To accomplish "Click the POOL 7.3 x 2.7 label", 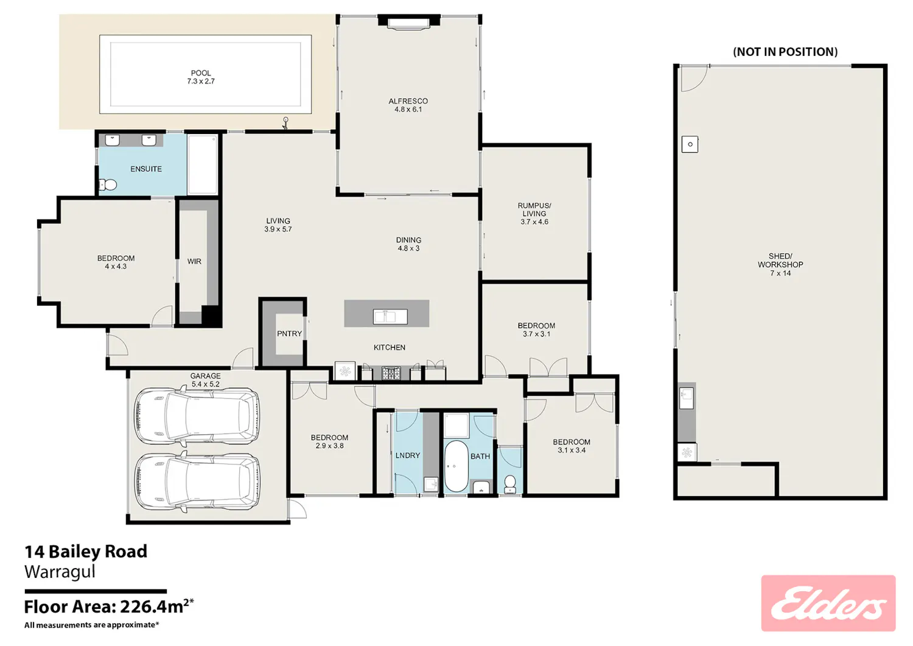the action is [x=201, y=77].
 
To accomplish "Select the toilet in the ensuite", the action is [x=108, y=184].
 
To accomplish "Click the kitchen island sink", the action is [x=390, y=317].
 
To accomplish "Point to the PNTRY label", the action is [x=289, y=334].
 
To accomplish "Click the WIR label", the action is [x=194, y=261].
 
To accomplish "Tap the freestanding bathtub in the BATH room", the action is [x=456, y=466].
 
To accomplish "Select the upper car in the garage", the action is [x=197, y=416].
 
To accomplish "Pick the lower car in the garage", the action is [x=197, y=481].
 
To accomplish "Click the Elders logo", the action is [x=828, y=603].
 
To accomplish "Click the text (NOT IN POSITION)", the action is [x=785, y=52].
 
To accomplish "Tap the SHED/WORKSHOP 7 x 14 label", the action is [x=780, y=265].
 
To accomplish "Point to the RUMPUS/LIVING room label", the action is [x=534, y=214].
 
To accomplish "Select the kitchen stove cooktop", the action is [x=391, y=373].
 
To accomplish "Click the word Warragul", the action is [x=60, y=571].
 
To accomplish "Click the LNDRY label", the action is [x=408, y=455].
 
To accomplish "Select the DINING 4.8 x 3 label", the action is [x=408, y=244].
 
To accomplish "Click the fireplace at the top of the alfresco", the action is [x=408, y=22].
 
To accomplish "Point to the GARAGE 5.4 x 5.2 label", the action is [x=206, y=380].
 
